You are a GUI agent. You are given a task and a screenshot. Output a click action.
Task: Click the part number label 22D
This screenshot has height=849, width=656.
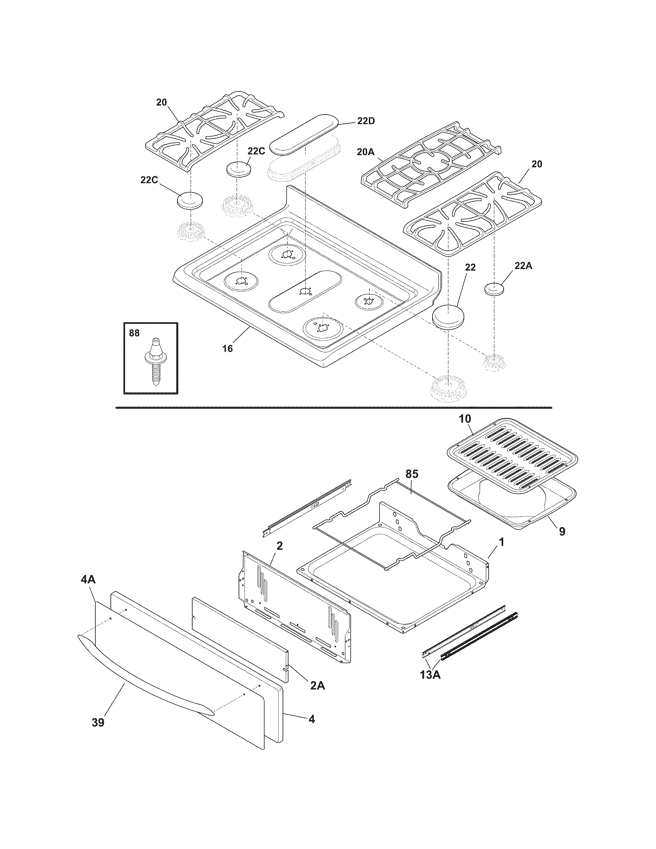pos(366,121)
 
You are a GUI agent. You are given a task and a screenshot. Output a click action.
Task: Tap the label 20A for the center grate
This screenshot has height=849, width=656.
pos(365,152)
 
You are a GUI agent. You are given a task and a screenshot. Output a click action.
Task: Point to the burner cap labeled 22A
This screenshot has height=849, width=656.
pos(494,289)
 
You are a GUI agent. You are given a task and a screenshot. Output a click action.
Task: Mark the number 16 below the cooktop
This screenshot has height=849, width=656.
pos(228,349)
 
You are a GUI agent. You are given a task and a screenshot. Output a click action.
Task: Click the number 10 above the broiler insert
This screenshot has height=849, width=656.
pos(465,419)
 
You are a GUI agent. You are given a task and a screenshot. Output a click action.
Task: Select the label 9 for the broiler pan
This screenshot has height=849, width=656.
pos(562,531)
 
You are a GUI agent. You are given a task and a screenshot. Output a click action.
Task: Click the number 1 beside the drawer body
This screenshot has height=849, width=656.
pos(501,541)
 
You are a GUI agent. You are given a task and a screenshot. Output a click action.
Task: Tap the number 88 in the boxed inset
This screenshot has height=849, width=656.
pos(134,333)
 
